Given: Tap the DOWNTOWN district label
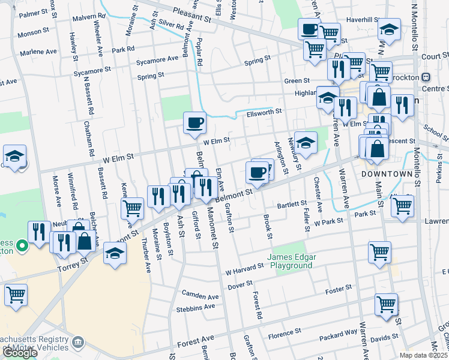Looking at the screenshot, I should [x=387, y=173].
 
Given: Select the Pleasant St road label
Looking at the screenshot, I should [x=193, y=15].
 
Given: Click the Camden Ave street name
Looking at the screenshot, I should [x=201, y=296].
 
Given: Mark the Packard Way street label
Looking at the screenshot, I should [x=338, y=337].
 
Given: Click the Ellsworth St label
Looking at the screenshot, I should [x=264, y=113].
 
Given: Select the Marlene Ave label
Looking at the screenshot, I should [x=37, y=52].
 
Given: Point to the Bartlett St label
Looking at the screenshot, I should [x=292, y=205].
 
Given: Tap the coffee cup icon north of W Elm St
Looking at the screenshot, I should [x=194, y=124].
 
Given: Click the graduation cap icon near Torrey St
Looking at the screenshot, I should [x=115, y=254].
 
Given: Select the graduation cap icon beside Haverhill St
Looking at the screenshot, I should [x=390, y=31].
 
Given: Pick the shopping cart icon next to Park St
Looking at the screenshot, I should [x=402, y=206].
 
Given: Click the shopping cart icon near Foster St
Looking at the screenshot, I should [x=386, y=304].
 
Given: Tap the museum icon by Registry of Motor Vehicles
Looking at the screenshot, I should [x=78, y=343].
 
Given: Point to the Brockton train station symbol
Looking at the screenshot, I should [x=426, y=77].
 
